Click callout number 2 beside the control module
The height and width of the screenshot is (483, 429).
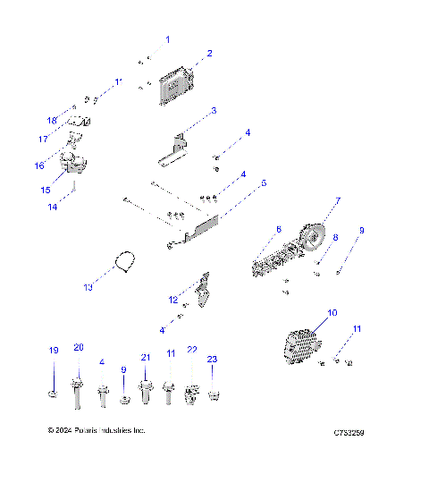click(x=210, y=54)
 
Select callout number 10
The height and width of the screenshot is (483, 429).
click(x=332, y=313)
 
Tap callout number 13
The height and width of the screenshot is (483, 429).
click(x=88, y=287)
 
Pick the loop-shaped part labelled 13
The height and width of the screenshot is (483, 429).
click(x=127, y=262)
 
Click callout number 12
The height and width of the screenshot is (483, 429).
click(x=173, y=299)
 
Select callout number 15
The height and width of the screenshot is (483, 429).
click(x=46, y=191)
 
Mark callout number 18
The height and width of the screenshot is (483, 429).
click(x=51, y=120)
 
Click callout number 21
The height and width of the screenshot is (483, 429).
click(x=145, y=357)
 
